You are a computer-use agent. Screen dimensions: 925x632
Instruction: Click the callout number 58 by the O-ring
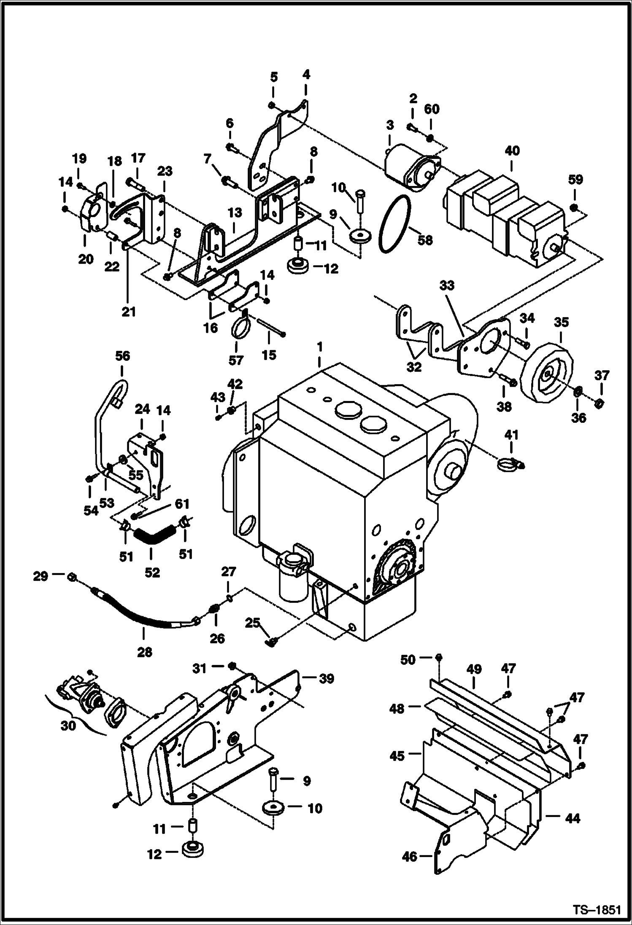pos(425,240)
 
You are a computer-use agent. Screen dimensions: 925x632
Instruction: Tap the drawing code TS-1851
pos(596,909)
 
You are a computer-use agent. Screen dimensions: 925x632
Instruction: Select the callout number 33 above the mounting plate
pos(447,285)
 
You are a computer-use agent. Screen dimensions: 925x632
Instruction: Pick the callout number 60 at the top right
pos(431,110)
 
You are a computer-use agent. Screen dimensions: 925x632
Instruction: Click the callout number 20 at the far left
pos(86,259)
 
